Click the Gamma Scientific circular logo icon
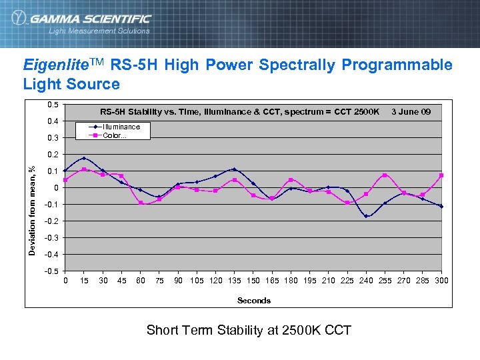(18, 18)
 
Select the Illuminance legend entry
(121, 127)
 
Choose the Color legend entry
(114, 135)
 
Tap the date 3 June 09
(411, 111)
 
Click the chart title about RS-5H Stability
(239, 111)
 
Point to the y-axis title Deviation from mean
(31, 209)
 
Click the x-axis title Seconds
(254, 301)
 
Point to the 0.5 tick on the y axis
(52, 104)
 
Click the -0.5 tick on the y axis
(51, 271)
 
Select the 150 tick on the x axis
(253, 281)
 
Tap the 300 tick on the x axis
(441, 281)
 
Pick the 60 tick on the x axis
(140, 281)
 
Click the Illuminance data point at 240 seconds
(366, 216)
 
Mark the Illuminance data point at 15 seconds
(83, 158)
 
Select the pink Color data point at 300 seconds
(441, 175)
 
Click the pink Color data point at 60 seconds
(141, 203)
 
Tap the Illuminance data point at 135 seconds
(235, 169)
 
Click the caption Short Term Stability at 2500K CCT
(248, 330)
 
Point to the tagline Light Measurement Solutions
(99, 31)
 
